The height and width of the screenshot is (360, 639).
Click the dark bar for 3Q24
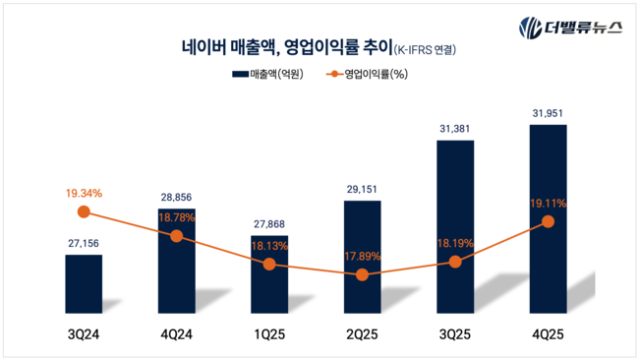(84, 284)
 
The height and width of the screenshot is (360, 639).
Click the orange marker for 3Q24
(84, 211)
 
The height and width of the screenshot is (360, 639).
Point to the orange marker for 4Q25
(548, 222)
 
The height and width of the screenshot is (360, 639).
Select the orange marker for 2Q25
(362, 275)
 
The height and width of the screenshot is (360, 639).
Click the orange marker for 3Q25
(455, 262)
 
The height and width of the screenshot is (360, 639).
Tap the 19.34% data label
(84, 193)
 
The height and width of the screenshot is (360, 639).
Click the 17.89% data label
(362, 258)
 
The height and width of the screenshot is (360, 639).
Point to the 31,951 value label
(548, 112)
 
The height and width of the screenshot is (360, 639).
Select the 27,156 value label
(84, 243)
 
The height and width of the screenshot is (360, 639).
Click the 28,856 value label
(176, 198)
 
